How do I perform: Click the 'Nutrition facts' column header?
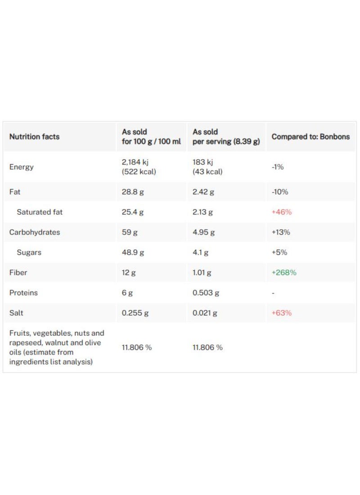tap(34, 137)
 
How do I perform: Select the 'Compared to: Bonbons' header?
tap(310, 137)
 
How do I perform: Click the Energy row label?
tap(22, 167)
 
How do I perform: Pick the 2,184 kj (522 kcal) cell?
tap(139, 167)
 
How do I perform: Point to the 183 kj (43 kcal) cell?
tap(207, 167)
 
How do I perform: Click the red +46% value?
tap(282, 212)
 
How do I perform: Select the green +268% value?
tap(284, 273)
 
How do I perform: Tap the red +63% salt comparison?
tap(282, 313)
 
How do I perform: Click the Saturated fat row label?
tap(40, 212)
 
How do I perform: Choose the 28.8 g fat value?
tap(133, 192)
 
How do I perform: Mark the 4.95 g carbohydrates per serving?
tap(204, 232)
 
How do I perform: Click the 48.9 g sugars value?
tap(133, 252)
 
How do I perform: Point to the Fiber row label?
tap(18, 273)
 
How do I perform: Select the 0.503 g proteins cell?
tap(206, 293)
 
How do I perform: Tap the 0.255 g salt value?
tap(135, 313)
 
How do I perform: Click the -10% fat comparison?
tap(280, 192)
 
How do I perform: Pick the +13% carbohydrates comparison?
tap(281, 232)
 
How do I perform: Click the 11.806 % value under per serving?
tap(207, 347)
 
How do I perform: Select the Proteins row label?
tap(23, 293)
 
